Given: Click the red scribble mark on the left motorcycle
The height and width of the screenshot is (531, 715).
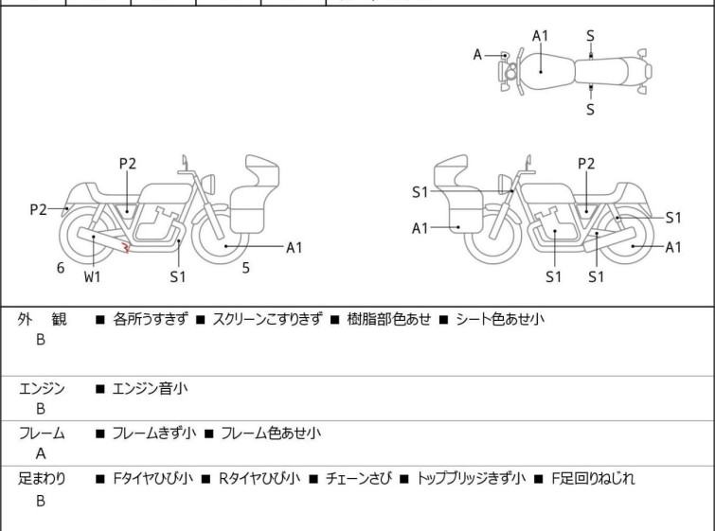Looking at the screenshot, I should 124,249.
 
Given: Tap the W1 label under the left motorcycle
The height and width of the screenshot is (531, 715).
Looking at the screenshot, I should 92,276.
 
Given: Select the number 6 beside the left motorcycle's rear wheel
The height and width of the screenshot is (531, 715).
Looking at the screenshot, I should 61,268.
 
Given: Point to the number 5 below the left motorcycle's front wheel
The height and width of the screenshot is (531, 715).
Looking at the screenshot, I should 245,268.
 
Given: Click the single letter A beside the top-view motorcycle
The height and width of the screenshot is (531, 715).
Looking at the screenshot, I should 478,55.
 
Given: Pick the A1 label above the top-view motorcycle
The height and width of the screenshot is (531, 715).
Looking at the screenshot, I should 540,36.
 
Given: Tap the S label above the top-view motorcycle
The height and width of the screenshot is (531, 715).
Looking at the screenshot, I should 590,36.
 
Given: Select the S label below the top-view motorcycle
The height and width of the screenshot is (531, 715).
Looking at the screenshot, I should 590,109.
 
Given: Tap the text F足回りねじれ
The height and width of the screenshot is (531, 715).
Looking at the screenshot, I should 594,478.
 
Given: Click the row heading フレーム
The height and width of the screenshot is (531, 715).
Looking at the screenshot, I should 42,434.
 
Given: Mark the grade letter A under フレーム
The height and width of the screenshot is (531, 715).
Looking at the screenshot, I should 41,453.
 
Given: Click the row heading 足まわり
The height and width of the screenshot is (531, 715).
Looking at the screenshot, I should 42,478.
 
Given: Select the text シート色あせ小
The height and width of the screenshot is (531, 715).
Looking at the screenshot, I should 500,319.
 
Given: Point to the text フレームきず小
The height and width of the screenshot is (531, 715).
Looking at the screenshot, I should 153,434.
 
